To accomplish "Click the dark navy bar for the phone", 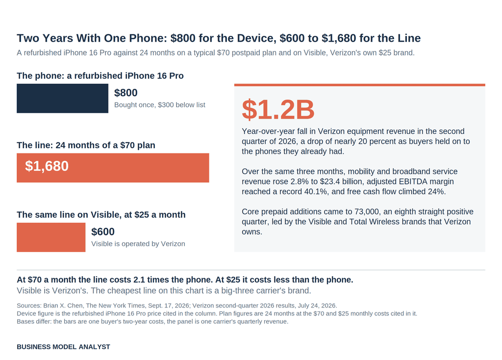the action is coord(62,98).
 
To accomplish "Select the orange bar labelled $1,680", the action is coord(113,168).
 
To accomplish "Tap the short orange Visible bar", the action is coord(51,237).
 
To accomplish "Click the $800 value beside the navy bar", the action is coord(126,93).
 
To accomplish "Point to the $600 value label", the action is coord(103,232).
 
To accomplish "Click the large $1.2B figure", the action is coord(278,109).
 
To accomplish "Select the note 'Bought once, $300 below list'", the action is coord(160,105).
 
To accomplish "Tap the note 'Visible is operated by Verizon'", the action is coord(138,244).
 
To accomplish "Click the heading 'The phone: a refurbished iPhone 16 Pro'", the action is coord(100,76).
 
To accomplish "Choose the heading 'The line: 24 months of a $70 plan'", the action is coord(86,145).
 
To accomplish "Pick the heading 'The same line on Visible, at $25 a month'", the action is coord(101,215).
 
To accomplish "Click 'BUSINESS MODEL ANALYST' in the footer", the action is coord(63,347).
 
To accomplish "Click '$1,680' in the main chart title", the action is coord(339,38).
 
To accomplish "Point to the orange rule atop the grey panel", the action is coord(359,85).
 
